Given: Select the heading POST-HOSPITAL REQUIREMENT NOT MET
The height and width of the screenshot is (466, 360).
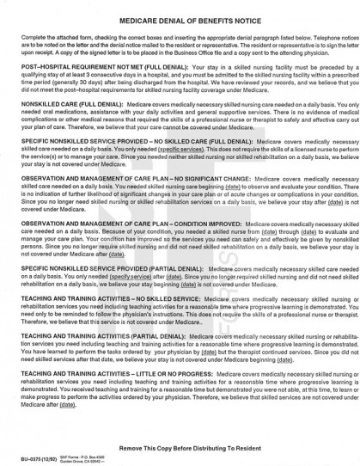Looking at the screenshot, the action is (70, 64).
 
